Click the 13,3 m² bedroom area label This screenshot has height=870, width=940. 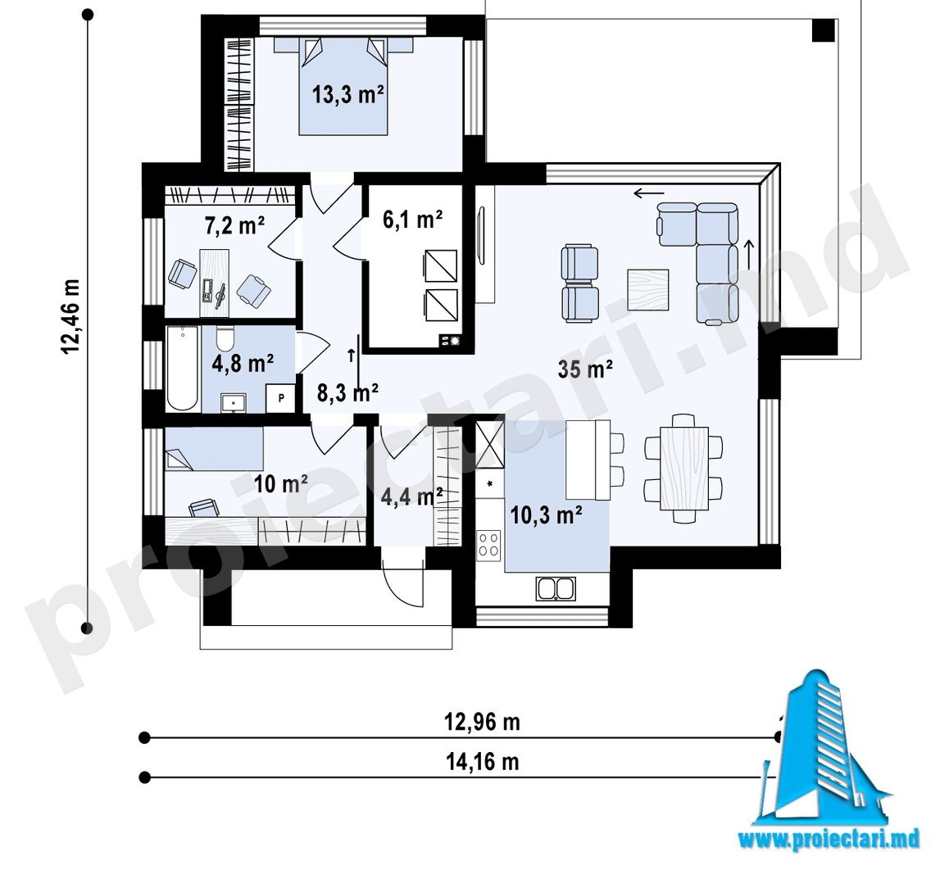(x=347, y=94)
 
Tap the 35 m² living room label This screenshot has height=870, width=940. (x=584, y=369)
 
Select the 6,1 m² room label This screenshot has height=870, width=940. (x=412, y=220)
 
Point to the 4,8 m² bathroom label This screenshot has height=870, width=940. (x=243, y=363)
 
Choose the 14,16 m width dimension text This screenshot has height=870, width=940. (x=482, y=762)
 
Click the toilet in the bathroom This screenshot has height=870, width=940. (x=225, y=338)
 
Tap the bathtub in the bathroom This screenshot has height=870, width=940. (x=182, y=369)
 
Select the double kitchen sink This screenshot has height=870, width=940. (x=556, y=588)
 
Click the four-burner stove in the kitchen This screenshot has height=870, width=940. (x=488, y=545)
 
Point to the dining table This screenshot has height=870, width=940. (x=684, y=468)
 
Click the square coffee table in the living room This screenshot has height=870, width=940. (x=648, y=289)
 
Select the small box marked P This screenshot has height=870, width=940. (x=282, y=398)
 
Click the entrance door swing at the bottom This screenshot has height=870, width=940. (x=402, y=582)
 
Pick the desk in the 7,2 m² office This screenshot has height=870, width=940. (x=215, y=283)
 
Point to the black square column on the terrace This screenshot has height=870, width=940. (x=824, y=29)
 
